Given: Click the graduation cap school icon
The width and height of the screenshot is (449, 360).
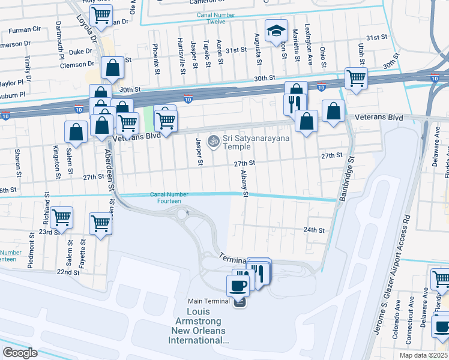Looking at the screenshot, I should tap(277, 31).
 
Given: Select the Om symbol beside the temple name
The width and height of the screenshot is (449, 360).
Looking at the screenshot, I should tap(212, 142).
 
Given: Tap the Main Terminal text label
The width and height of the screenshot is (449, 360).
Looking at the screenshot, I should tap(208, 301).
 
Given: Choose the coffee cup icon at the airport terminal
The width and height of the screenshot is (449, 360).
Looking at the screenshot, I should tap(238, 286).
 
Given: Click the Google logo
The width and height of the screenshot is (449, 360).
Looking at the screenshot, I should tap(20, 353).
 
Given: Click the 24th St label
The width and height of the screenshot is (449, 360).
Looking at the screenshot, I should tap(313, 230).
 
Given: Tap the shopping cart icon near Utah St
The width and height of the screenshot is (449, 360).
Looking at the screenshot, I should tap(357, 78).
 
